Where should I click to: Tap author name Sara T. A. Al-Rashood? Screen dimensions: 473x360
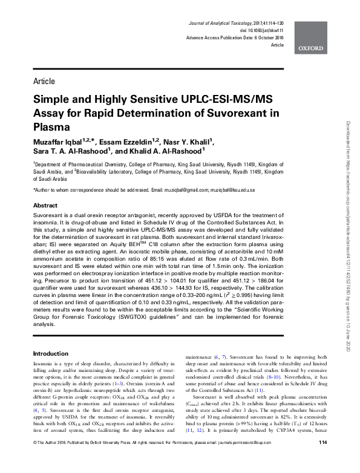(76, 151)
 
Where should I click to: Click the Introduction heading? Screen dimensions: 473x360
(51, 353)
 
